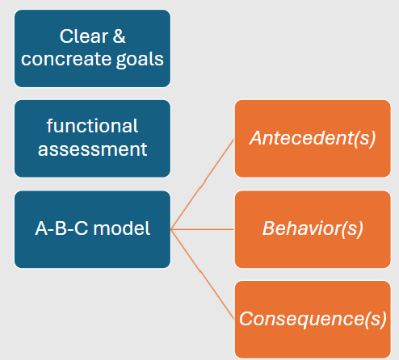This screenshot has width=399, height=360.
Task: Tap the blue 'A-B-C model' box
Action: (92, 229)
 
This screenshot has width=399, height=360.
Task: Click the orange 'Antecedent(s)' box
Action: (313, 138)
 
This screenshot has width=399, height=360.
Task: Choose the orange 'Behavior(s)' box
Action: (313, 229)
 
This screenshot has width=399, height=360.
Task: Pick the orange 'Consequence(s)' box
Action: (313, 319)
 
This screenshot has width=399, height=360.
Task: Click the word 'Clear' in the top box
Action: (82, 36)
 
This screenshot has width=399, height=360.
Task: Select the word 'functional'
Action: (92, 127)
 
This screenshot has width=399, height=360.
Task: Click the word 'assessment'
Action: (92, 149)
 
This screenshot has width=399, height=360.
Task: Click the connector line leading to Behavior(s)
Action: (202, 229)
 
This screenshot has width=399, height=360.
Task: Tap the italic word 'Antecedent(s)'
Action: (313, 138)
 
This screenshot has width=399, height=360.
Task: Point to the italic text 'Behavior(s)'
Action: (313, 228)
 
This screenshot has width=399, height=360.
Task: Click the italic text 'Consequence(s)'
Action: (313, 319)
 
